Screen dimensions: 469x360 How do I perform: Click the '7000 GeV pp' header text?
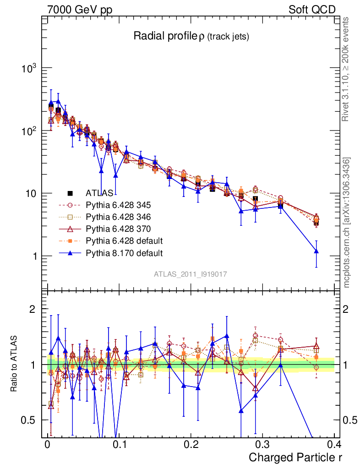coord(80,10)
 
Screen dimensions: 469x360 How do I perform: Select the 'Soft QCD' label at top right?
coord(312,10)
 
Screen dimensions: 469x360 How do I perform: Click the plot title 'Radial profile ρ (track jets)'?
coord(191,37)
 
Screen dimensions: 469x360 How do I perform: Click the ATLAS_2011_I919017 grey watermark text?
coord(191,274)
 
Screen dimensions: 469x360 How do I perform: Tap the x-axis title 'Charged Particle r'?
coord(295,457)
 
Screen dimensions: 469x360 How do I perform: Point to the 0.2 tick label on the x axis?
coord(191,444)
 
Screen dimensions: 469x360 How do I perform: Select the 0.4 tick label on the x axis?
coord(334,444)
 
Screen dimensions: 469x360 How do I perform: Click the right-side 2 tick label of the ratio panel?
coord(346,309)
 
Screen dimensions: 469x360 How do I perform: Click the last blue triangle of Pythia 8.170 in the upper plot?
coord(316,251)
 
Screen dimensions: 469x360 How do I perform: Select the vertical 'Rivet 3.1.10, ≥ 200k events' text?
coord(346,69)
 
